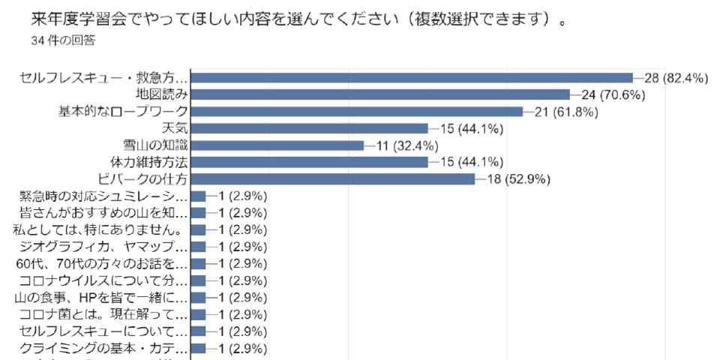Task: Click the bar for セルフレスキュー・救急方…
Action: pyautogui.click(x=412, y=77)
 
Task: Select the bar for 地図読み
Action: pyautogui.click(x=381, y=94)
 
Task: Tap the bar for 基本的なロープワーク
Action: pyautogui.click(x=357, y=112)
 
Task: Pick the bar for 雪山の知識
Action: pyautogui.click(x=277, y=145)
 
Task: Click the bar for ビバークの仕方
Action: pyautogui.click(x=333, y=179)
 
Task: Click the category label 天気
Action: pyautogui.click(x=175, y=128)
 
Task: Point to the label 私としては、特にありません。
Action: pyautogui.click(x=100, y=230)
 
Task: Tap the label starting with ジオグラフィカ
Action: pyautogui.click(x=103, y=247)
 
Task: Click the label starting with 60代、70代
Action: pyautogui.click(x=100, y=264)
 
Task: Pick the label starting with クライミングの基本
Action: pyautogui.click(x=103, y=348)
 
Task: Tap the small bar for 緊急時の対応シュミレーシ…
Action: pyautogui.click(x=199, y=196)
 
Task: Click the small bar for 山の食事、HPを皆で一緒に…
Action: pyautogui.click(x=199, y=298)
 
